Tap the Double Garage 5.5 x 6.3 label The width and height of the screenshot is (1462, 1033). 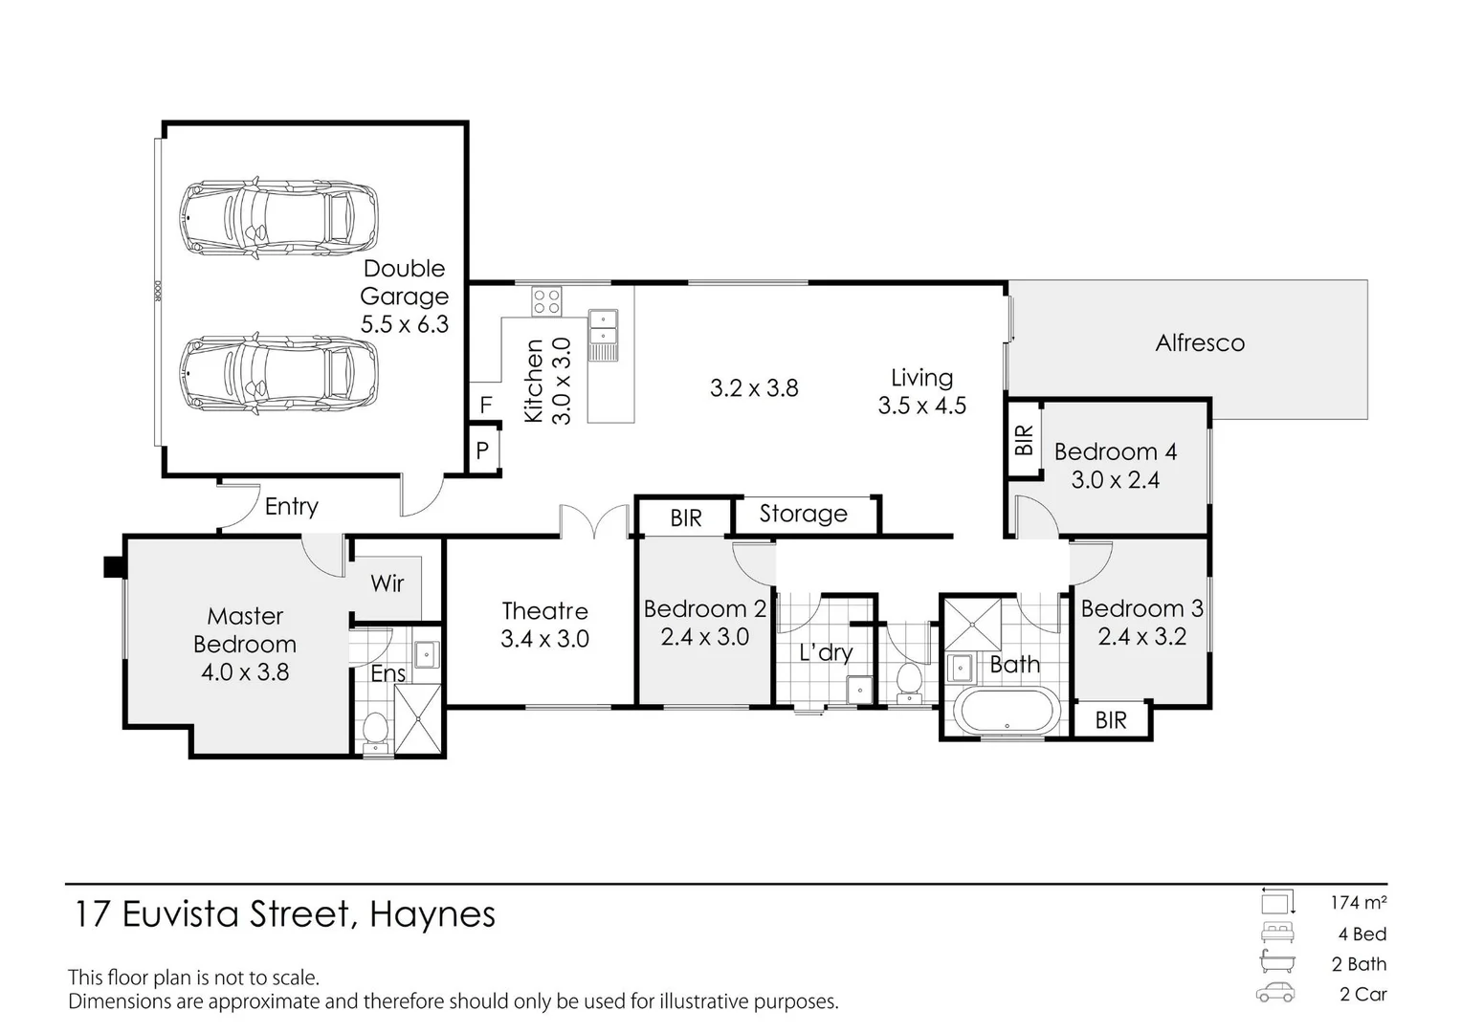(404, 297)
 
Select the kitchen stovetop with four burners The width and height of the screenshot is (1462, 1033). (547, 301)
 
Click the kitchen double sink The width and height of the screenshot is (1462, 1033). (604, 328)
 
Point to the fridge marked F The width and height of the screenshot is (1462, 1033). (485, 405)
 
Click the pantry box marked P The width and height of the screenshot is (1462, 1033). (483, 450)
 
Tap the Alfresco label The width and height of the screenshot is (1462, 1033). (1199, 343)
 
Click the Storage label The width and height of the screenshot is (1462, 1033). (803, 514)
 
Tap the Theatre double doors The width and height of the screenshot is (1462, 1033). (594, 521)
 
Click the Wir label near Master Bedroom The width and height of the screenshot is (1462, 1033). (388, 583)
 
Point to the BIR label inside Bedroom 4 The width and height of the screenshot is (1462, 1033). (1024, 440)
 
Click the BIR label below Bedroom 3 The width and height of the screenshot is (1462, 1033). (1111, 720)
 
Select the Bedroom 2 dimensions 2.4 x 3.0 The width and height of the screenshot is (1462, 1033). (704, 637)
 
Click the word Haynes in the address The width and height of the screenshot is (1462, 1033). (432, 914)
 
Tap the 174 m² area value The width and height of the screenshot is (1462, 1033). (1358, 902)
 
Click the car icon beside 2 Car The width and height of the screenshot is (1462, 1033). (1275, 993)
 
